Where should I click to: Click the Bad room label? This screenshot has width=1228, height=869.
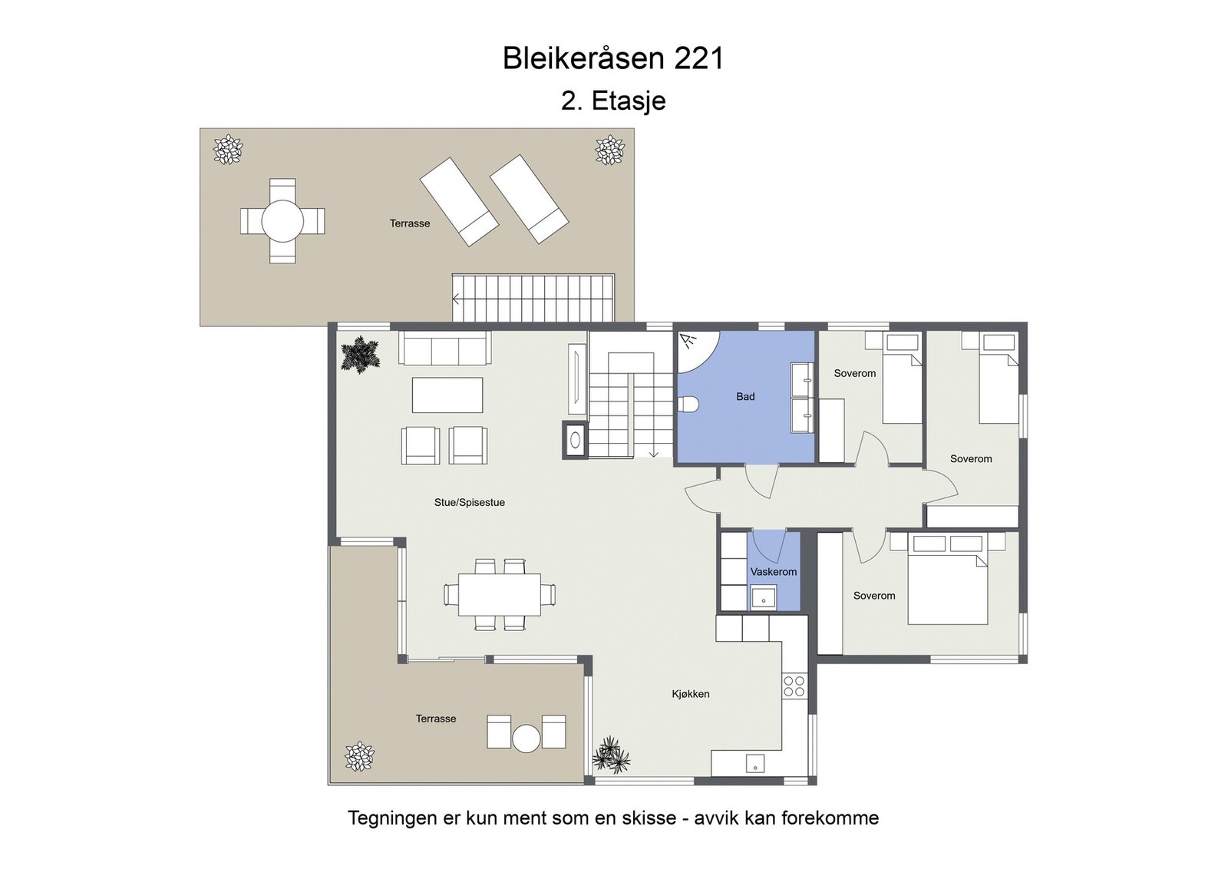(x=745, y=397)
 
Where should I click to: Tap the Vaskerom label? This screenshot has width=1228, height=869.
(x=774, y=572)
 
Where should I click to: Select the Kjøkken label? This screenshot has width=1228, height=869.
(x=691, y=694)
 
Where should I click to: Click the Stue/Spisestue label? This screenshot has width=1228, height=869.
(x=470, y=503)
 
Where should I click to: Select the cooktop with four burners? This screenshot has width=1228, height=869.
(x=794, y=686)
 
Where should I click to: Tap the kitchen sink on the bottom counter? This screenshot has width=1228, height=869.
(x=755, y=764)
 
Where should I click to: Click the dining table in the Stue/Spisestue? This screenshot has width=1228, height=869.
(x=499, y=595)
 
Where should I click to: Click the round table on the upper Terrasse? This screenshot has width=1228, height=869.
(x=282, y=221)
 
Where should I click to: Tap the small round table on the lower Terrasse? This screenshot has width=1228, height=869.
(x=527, y=738)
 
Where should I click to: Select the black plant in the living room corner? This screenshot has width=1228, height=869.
(x=360, y=355)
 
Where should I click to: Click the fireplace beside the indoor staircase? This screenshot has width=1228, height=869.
(x=575, y=441)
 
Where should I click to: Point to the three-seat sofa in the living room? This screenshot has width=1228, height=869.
(x=444, y=349)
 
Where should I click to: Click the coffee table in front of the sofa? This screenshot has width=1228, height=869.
(x=447, y=395)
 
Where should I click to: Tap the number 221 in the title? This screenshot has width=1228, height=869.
(x=699, y=58)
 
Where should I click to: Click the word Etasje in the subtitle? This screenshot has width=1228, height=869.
(x=629, y=101)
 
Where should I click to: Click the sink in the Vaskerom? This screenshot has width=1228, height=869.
(x=764, y=596)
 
